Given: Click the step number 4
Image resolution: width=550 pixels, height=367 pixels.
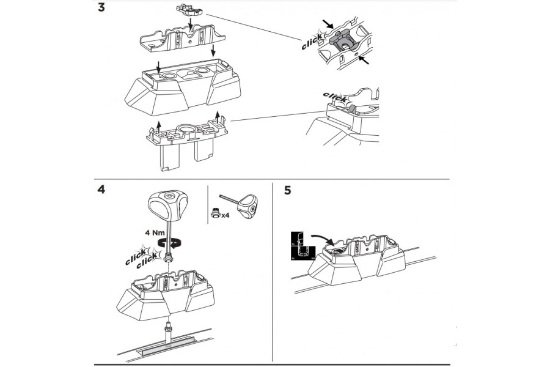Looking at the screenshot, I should click(101, 189).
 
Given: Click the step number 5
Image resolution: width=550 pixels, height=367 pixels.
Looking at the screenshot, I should click(287, 190).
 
